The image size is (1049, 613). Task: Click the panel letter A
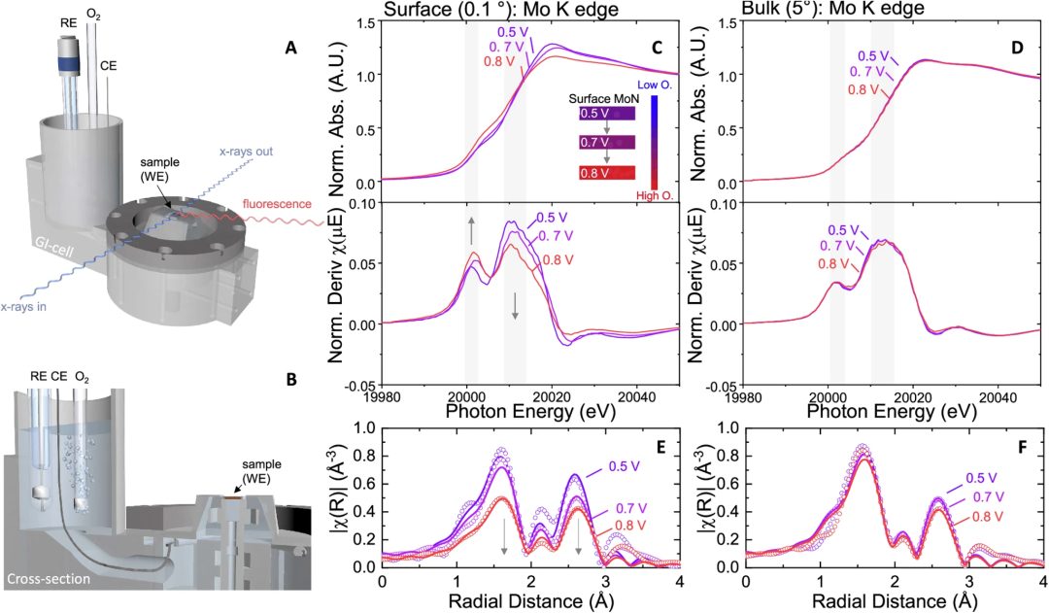(288, 46)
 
